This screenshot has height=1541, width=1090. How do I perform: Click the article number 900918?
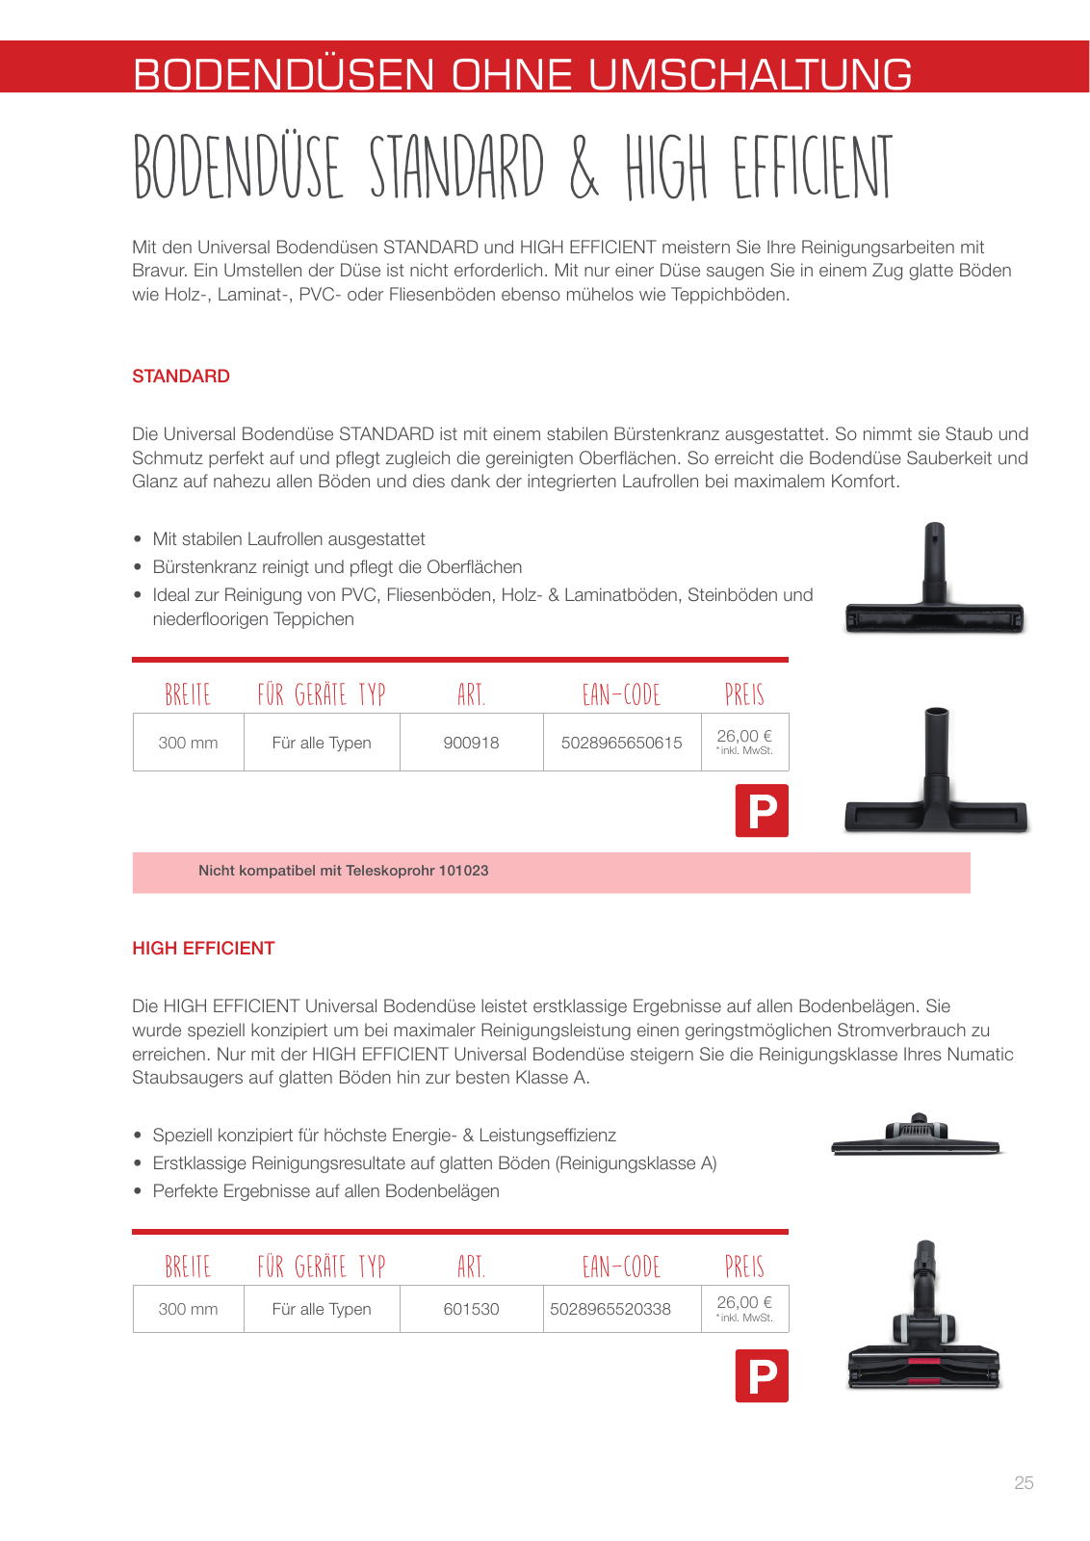coord(471,743)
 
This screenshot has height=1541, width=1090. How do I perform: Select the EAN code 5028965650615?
coord(621,743)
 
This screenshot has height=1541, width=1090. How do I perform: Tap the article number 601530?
coord(471,1309)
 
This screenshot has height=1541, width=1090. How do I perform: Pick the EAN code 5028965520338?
coord(610,1309)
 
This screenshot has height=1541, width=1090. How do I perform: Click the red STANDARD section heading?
coord(181,377)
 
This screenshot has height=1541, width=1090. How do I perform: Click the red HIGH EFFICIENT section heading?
coord(203,949)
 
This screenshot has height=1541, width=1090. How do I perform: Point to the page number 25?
coord(1024,1483)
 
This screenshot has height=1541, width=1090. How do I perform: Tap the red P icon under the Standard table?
coord(762,811)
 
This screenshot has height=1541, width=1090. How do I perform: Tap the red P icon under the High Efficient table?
coord(762,1376)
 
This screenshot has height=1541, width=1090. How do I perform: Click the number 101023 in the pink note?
coord(463,871)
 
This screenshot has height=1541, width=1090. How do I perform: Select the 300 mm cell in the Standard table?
coord(188,743)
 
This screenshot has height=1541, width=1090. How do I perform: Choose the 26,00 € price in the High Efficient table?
coord(743,1302)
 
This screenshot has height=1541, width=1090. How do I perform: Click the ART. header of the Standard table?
coord(471,694)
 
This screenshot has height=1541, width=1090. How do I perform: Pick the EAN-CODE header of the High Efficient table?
coord(621,1267)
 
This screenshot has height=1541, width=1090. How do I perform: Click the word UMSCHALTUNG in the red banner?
coord(750,74)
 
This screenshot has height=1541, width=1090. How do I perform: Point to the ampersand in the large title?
coord(584,170)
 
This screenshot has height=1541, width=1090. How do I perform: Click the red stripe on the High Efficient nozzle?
coord(924,1362)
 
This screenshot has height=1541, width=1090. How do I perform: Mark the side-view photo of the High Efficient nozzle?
coord(916,1136)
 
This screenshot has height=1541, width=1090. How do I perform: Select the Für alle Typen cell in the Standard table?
coord(322,743)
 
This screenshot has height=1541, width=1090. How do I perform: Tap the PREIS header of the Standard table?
coord(744,694)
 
